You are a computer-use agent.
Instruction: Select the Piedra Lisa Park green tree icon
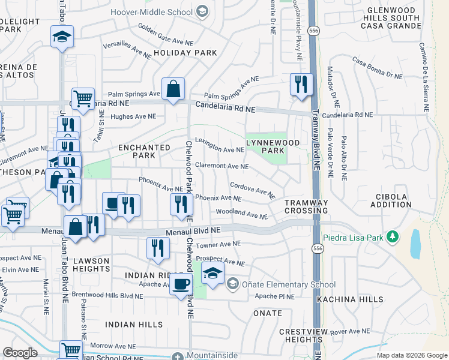(393, 238)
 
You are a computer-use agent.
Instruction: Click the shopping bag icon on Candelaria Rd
(173, 90)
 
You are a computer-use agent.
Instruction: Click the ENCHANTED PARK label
(144, 151)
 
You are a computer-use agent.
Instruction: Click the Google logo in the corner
(20, 353)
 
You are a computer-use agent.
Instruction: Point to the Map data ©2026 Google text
(412, 355)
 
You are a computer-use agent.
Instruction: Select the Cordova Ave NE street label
(252, 188)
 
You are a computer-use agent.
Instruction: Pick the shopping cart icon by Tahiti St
(83, 98)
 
